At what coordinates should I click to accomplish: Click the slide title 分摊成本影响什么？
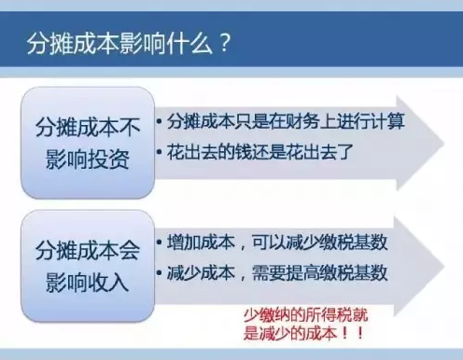[x=126, y=43]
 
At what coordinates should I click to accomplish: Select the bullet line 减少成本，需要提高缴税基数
[x=277, y=274]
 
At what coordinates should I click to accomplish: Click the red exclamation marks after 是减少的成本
[x=352, y=332]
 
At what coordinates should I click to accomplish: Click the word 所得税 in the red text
[x=315, y=313]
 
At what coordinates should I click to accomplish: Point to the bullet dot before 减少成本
[x=161, y=275]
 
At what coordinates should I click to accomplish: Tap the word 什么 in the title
[x=192, y=43]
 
